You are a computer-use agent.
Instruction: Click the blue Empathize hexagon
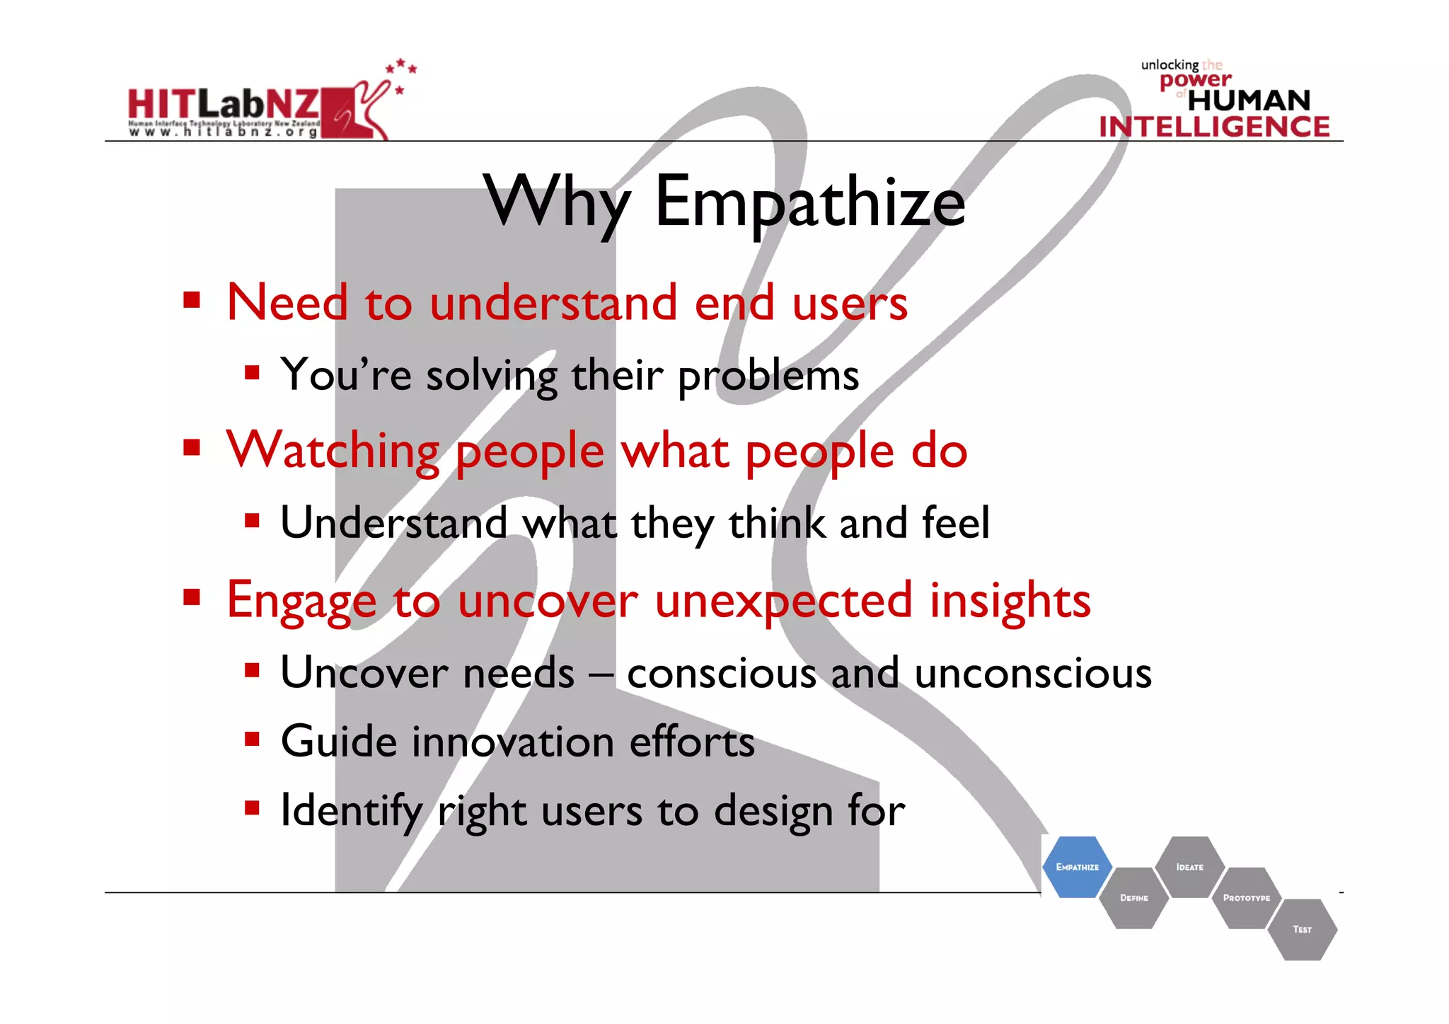point(1077,867)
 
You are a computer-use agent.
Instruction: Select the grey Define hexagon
point(1133,898)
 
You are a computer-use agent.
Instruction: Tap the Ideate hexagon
point(1189,867)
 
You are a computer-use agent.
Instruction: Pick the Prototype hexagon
point(1246,898)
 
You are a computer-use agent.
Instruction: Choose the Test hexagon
point(1302,929)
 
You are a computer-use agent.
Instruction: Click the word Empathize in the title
point(809,203)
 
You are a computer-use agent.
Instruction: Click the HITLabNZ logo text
point(223,104)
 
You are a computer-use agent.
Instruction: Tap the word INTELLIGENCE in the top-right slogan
point(1214,127)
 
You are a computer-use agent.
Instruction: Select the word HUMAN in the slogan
point(1249,100)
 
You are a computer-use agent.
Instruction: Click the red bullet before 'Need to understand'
point(191,300)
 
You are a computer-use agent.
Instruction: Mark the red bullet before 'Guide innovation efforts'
point(252,740)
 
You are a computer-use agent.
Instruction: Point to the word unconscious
point(1032,672)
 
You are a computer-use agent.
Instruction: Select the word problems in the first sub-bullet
point(768,376)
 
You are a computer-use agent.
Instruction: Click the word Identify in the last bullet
point(351,811)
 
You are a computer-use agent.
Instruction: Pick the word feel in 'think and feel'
point(955,523)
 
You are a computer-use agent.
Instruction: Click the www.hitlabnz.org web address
point(223,132)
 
